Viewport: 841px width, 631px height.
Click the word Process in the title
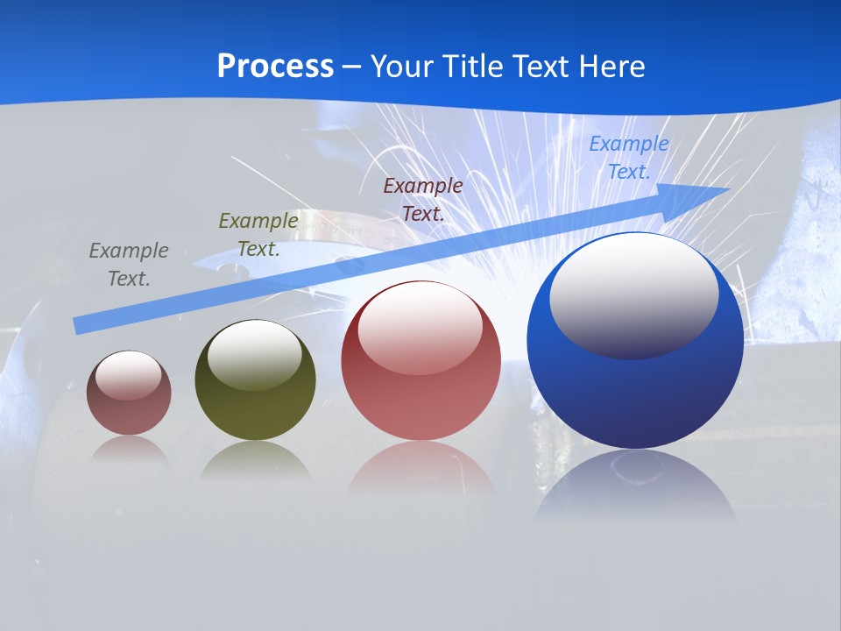click(275, 67)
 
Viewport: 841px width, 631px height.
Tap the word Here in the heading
click(611, 67)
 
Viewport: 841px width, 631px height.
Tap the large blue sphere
click(635, 394)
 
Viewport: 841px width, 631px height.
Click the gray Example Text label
click(129, 265)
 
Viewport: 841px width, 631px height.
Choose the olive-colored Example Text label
click(258, 235)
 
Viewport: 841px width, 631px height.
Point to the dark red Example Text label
click(423, 199)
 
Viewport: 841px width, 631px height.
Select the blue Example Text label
click(628, 158)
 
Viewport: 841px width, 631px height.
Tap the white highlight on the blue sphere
click(633, 294)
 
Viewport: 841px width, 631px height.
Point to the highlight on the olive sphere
click(255, 353)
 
